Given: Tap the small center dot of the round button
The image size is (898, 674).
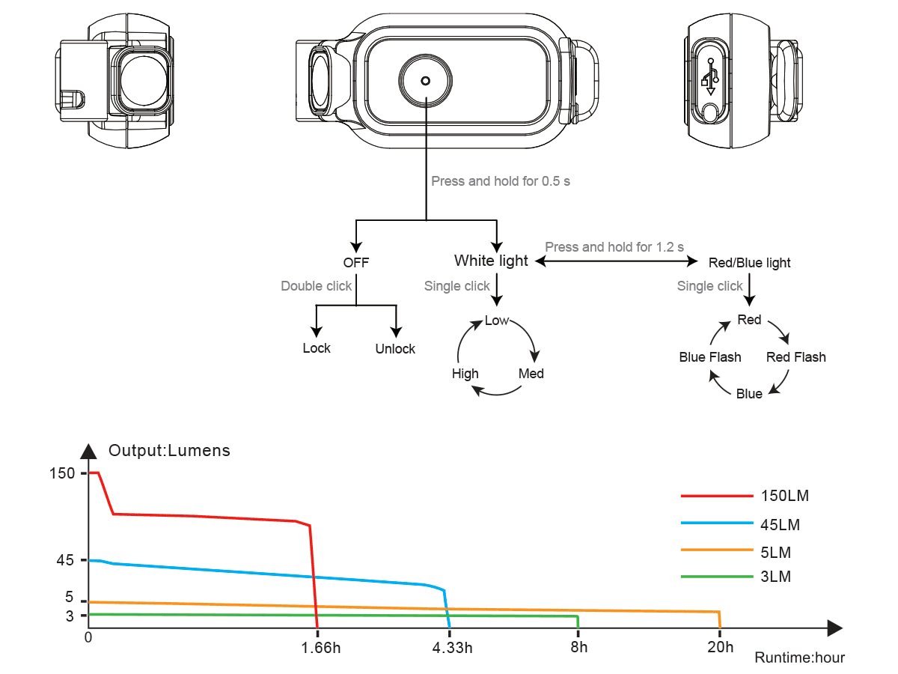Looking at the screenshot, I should tap(426, 81).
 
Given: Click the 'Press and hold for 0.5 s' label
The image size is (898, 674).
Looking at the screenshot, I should tap(501, 181).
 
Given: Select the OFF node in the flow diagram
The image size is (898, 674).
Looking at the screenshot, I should tap(356, 263).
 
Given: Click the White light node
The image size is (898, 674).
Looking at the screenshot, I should tap(491, 261).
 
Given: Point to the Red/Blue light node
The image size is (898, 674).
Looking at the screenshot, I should tap(749, 263).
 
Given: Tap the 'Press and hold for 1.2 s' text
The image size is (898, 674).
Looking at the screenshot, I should tap(614, 246).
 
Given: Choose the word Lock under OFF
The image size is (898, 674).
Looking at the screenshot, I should tap(317, 348).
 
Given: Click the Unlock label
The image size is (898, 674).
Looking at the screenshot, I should tap(395, 349).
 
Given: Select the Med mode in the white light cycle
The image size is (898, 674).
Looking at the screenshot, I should tap(531, 374).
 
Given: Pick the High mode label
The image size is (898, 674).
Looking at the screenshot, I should tap(465, 374).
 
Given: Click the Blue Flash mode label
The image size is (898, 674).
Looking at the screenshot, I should tap(710, 357).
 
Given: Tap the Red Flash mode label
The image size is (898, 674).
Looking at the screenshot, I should tap(796, 357).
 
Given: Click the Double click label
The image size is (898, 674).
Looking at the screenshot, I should tap(317, 286).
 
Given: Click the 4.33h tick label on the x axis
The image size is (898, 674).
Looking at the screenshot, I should tap(452, 648).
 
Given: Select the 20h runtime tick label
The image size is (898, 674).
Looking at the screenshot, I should tap(719, 648).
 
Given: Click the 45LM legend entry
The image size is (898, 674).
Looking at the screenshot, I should tap(780, 525).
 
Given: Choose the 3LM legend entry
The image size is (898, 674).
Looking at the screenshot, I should tap(776, 577).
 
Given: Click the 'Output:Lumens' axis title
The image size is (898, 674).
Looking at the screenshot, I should tap(169, 451).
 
